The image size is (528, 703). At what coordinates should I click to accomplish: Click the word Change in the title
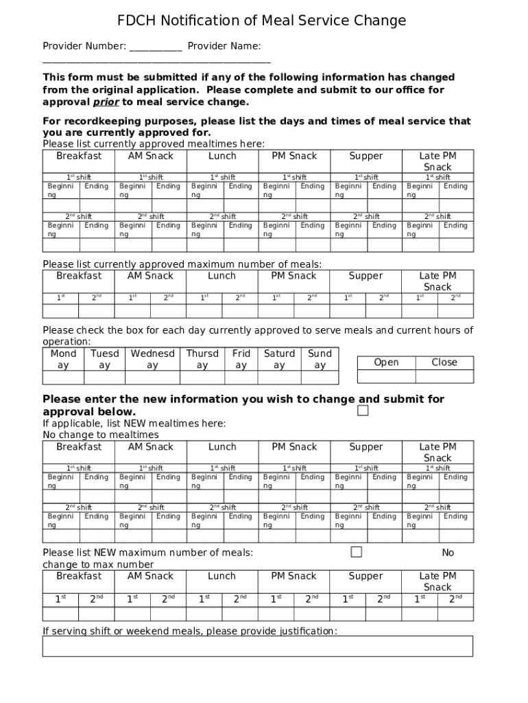point(380,21)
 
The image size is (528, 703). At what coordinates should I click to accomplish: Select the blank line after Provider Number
point(156,47)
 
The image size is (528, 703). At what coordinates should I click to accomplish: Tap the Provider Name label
point(224,46)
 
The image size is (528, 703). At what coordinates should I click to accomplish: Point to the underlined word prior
point(106,102)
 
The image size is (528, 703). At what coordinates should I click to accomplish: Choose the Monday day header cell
point(63,359)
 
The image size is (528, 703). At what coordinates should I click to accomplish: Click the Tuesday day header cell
point(104,359)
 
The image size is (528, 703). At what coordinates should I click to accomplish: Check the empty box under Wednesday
point(152,378)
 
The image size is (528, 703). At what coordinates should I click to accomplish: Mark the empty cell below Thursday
point(202,378)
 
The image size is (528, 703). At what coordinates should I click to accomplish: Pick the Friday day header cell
point(241,359)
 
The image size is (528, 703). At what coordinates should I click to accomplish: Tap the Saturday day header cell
point(279,359)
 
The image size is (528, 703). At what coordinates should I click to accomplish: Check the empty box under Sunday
point(320,378)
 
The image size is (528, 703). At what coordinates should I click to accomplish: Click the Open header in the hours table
point(386,362)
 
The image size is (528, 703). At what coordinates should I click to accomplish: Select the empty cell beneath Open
point(386,376)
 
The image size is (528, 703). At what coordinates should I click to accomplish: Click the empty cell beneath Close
point(444,376)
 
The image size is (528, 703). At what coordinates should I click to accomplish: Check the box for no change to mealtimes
point(363,411)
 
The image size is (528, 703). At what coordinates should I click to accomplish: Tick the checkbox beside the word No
point(356,552)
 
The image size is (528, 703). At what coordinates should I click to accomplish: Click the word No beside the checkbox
point(448,553)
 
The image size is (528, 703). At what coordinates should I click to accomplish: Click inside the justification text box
point(257,646)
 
